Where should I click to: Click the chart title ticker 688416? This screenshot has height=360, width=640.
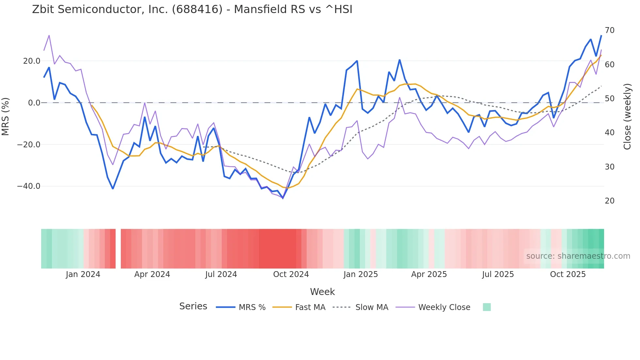tap(197, 9)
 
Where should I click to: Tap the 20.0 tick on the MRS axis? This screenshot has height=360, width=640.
tap(32, 61)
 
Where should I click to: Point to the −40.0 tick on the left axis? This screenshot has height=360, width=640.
tap(29, 186)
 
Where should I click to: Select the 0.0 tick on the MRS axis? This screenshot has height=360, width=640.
tap(34, 103)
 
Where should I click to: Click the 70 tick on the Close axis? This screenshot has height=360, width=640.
tap(609, 30)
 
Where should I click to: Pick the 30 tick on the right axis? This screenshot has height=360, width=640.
tap(609, 167)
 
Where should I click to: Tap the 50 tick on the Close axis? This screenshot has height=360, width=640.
tap(609, 99)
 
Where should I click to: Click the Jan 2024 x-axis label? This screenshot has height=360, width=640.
tap(83, 274)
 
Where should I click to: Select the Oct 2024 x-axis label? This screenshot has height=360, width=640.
tap(291, 274)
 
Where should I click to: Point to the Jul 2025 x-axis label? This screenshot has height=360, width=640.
tap(498, 274)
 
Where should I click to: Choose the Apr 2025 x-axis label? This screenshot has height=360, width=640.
tap(429, 274)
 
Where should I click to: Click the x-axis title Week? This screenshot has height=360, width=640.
tap(322, 292)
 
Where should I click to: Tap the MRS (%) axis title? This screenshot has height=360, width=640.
tap(6, 116)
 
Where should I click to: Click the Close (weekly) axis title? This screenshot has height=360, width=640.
tap(627, 117)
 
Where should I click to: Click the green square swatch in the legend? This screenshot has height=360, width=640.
tap(487, 307)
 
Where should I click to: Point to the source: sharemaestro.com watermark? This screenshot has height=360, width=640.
tap(578, 256)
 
